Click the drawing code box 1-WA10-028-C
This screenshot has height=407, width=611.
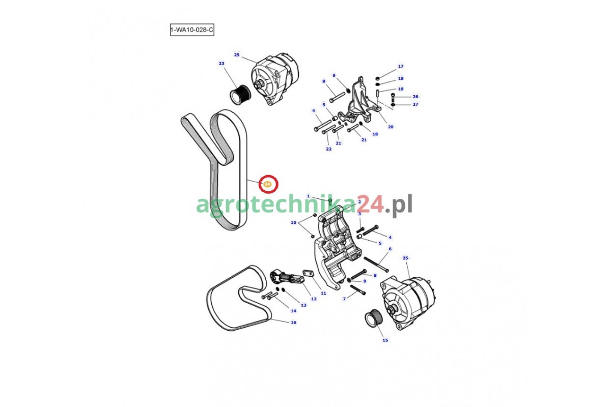pyautogui.click(x=192, y=30)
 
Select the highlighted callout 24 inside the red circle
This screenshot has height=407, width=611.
pyautogui.click(x=268, y=184)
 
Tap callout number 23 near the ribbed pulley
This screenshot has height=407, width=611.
pyautogui.click(x=221, y=64)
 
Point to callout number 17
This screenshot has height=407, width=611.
pyautogui.click(x=400, y=66)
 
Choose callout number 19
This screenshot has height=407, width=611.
pyautogui.click(x=400, y=89)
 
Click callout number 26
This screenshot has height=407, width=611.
pyautogui.click(x=415, y=97)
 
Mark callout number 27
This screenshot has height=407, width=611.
pyautogui.click(x=415, y=104)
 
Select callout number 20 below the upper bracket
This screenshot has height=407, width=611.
pyautogui.click(x=391, y=127)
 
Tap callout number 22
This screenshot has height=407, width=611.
pyautogui.click(x=329, y=149)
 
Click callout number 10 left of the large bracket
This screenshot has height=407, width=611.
pyautogui.click(x=293, y=222)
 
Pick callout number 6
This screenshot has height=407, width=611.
pyautogui.click(x=390, y=249)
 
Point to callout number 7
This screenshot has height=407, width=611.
pyautogui.click(x=344, y=299)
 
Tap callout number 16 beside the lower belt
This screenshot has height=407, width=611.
pyautogui.click(x=293, y=323)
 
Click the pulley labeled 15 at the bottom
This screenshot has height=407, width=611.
pyautogui.click(x=374, y=318)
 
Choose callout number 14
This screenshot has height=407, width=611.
pyautogui.click(x=293, y=311)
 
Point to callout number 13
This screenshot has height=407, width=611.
pyautogui.click(x=303, y=305)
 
